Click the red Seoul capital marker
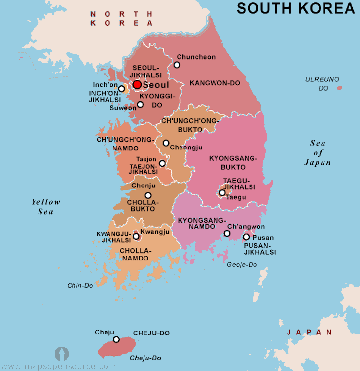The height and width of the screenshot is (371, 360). (x=137, y=85)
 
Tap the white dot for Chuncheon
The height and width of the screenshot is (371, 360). (x=177, y=65)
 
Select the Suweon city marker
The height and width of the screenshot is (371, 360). (x=140, y=104)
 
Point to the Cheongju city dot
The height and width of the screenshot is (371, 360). (x=166, y=143)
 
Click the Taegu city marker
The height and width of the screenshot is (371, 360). (x=222, y=192)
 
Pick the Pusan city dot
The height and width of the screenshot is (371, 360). (x=246, y=237)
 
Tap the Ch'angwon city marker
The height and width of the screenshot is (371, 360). (x=226, y=233)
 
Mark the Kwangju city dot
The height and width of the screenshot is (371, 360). (x=136, y=236)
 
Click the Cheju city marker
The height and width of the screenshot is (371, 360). (x=116, y=339)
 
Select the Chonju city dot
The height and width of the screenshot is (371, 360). (x=148, y=195)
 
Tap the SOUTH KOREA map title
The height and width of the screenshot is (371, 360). (x=295, y=8)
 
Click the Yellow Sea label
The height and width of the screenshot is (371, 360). (x=46, y=207)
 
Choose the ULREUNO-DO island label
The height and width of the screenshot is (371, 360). (x=323, y=83)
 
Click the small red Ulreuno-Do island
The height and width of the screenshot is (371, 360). (x=339, y=88)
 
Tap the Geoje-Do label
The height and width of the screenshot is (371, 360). (x=242, y=265)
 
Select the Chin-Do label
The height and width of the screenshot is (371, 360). (x=79, y=285)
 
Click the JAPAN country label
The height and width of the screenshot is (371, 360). (x=310, y=333)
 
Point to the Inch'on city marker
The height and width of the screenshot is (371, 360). (x=122, y=89)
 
